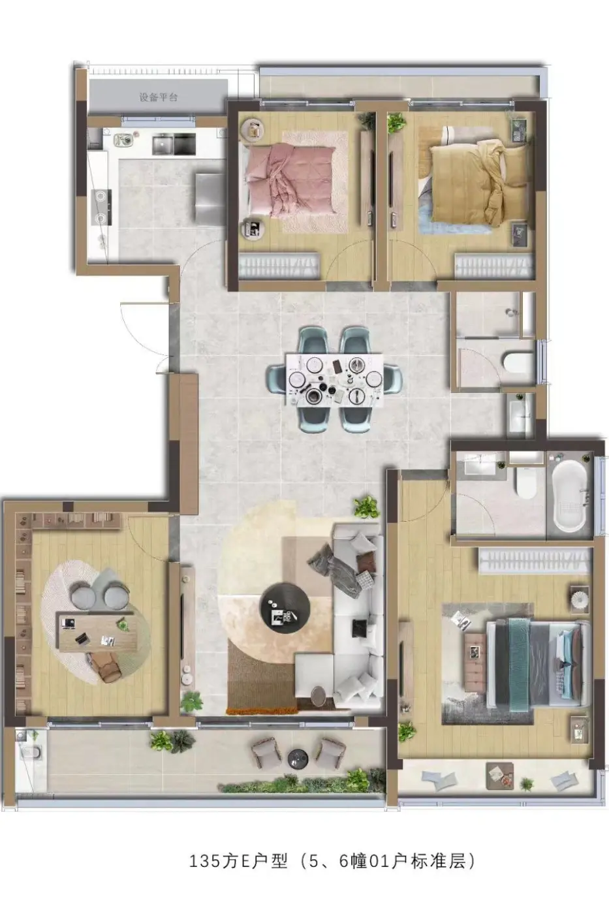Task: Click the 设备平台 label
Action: pos(158,97)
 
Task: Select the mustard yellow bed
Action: pos(475,181)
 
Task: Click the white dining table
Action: pos(334,380)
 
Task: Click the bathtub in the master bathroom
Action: pos(569,496)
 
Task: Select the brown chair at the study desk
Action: pos(107,667)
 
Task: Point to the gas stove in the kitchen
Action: pos(101,208)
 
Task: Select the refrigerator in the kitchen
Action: pos(210,198)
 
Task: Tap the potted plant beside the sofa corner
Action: pos(366,507)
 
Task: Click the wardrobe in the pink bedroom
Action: pos(278,266)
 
